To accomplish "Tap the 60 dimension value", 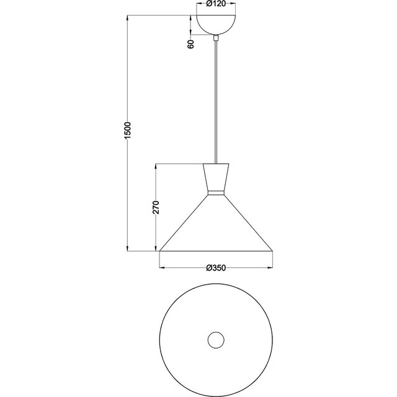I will (x=190, y=43).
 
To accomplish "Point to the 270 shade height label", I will (x=156, y=207).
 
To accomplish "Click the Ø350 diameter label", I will (x=216, y=267).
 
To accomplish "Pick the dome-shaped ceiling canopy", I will (x=216, y=23).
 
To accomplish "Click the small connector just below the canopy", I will (x=216, y=39).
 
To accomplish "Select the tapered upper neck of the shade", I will (x=216, y=177).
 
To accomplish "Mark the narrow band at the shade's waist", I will (x=216, y=194).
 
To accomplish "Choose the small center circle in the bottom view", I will (x=216, y=339).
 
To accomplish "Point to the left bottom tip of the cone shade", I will (x=160, y=251).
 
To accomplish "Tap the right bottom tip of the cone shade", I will (x=273, y=251).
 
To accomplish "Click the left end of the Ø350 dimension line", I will (x=160, y=268).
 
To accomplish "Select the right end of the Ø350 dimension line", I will (x=273, y=268).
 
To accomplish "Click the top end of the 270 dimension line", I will (x=156, y=164).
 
